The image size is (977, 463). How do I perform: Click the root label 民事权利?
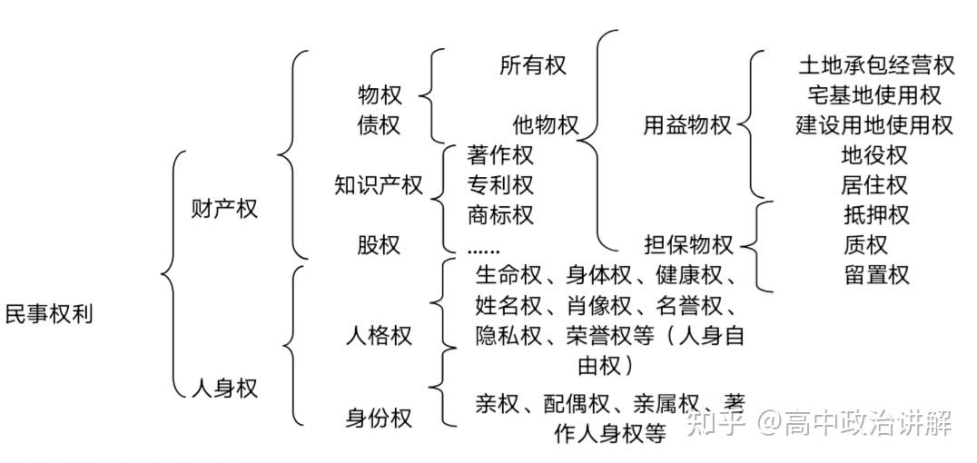click(49, 315)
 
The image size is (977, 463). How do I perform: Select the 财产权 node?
click(224, 209)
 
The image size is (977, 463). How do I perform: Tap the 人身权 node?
click(224, 389)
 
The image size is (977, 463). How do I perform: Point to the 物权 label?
click(380, 94)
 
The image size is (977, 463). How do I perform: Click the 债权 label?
click(380, 125)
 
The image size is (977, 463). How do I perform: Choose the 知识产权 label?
click(379, 185)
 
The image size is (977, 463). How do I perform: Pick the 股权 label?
click(379, 245)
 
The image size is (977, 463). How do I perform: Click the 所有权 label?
click(533, 65)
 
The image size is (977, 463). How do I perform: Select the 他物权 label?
click(545, 125)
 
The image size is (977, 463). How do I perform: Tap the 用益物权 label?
click(687, 125)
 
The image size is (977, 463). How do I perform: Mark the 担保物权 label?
click(688, 245)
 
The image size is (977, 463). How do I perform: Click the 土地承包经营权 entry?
click(876, 65)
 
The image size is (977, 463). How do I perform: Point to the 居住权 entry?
click(874, 185)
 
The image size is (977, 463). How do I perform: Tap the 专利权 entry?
click(500, 185)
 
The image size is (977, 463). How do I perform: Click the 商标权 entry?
click(500, 215)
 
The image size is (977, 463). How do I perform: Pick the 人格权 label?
click(379, 335)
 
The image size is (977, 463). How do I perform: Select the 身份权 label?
click(379, 419)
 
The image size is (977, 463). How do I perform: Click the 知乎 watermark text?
click(717, 422)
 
